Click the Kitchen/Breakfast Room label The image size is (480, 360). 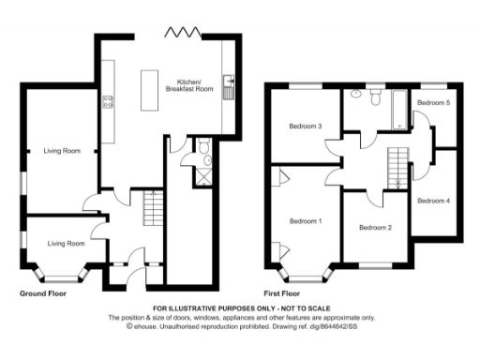184,83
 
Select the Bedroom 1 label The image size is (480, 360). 306,221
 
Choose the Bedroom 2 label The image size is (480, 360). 375,228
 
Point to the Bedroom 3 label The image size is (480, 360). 306,127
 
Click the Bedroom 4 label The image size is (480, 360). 433,201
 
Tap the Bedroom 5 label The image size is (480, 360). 433,102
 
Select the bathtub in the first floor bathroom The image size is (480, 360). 398,110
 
